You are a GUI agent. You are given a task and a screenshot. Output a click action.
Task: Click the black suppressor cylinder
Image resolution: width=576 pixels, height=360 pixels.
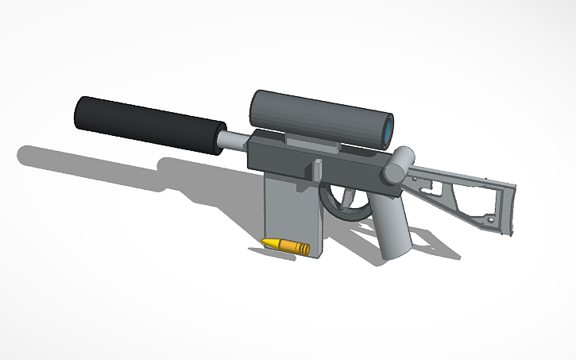coord(147,125)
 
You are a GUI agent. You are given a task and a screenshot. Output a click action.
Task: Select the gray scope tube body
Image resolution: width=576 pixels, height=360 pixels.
coord(318,118)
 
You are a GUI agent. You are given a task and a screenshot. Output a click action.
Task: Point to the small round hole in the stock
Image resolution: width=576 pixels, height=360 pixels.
coord(493,217)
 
